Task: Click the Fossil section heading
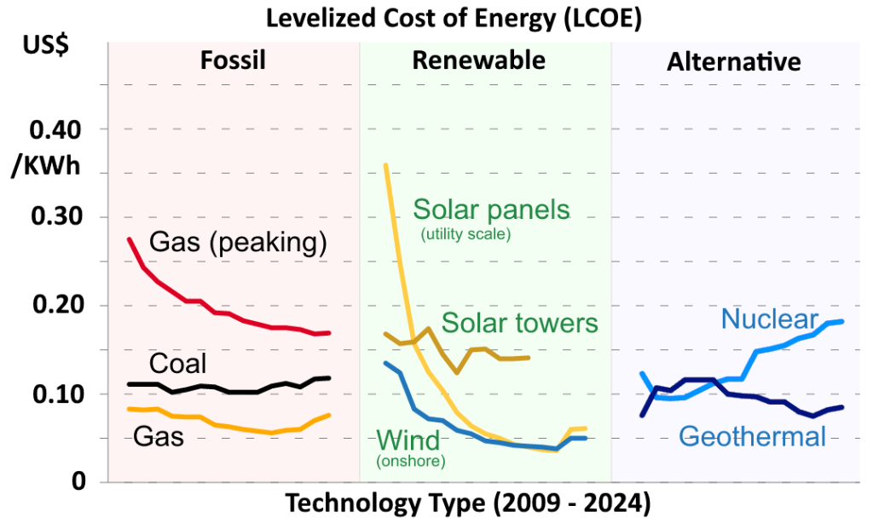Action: (x=233, y=60)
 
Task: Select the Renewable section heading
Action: (x=478, y=60)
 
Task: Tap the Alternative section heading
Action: (x=733, y=62)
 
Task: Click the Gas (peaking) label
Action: (x=238, y=243)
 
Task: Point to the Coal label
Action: (x=177, y=364)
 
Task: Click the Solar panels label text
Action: (x=491, y=209)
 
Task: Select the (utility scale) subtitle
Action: (x=465, y=234)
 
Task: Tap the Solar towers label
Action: (x=519, y=323)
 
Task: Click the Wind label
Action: (x=408, y=440)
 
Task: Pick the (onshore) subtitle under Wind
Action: (x=411, y=462)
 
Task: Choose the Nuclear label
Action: (x=770, y=319)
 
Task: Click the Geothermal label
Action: (x=752, y=437)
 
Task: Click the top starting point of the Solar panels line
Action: (x=385, y=164)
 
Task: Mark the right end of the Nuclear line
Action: (x=842, y=321)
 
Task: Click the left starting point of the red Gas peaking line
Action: (x=129, y=239)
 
